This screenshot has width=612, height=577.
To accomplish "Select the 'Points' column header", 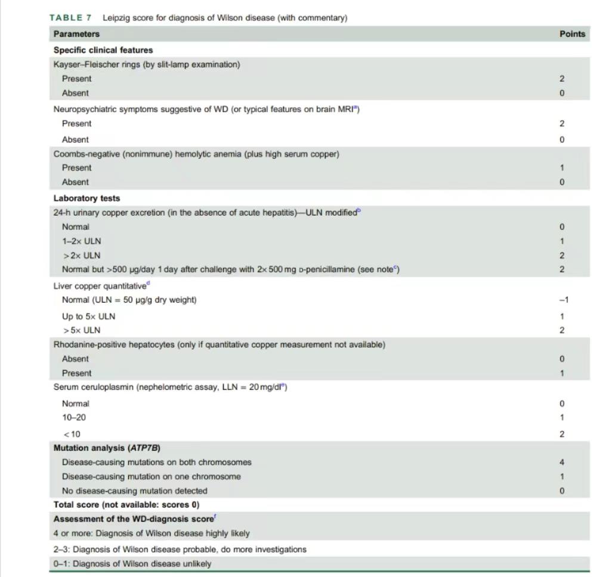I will tap(572, 34).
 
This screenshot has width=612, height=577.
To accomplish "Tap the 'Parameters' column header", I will tap(76, 34).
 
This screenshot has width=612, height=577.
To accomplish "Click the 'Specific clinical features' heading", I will tap(103, 50).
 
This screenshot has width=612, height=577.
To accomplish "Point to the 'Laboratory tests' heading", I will tap(86, 198).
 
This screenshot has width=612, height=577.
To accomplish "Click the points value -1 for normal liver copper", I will tap(563, 300).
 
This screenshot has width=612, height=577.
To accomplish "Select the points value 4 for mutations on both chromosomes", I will tap(562, 462).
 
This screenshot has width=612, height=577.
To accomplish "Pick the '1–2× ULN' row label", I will tap(82, 241).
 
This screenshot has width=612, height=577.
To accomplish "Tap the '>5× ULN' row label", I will tap(82, 330).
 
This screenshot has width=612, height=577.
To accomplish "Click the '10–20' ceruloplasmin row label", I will tap(74, 418).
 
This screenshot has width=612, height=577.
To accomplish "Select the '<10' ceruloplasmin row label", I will tap(72, 434).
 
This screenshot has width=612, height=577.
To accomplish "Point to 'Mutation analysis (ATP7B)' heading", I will tap(107, 448).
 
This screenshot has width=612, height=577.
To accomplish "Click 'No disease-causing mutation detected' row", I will tap(135, 491).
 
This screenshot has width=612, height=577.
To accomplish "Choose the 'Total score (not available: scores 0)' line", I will tap(126, 505).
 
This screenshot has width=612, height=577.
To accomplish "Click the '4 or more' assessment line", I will tap(152, 533).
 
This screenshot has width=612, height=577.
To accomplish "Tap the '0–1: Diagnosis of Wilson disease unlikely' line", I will tap(132, 564).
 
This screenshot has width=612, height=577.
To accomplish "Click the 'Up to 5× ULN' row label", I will tap(89, 317).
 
